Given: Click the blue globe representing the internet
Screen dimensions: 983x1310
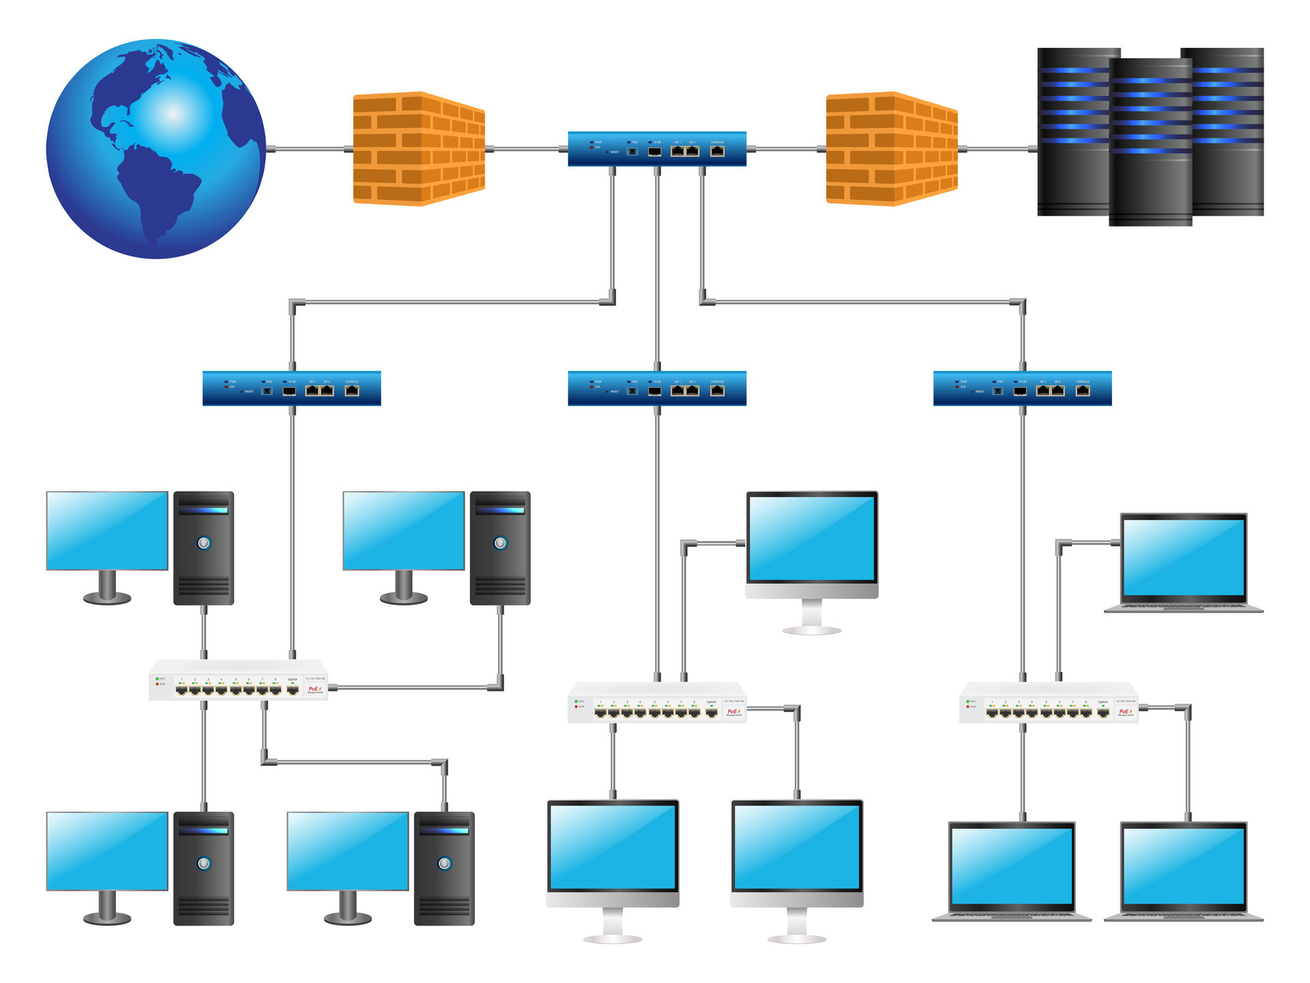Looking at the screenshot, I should tap(156, 149).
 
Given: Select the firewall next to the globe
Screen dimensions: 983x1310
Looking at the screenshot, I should tap(418, 148).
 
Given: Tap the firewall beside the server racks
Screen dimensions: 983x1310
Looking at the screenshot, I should tap(891, 148).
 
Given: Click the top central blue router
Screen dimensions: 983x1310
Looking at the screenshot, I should tap(656, 149).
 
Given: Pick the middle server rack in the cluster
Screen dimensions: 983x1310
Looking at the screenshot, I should tap(1150, 142).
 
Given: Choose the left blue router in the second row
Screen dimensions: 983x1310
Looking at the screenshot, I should tap(291, 388).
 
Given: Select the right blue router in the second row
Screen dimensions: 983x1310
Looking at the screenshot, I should tap(1022, 388).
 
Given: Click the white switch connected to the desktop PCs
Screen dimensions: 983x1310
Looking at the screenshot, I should tap(238, 681).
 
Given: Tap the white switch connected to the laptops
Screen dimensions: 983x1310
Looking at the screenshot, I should tap(1049, 703).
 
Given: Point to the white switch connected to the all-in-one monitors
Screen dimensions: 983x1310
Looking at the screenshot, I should tap(656, 703).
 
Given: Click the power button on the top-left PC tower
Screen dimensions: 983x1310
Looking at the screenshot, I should tap(203, 543).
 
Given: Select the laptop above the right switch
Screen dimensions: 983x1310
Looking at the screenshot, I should tap(1184, 562).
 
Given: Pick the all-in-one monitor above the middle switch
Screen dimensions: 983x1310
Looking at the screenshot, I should tap(811, 546).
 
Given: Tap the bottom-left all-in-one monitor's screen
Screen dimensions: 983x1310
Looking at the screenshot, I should tap(613, 846).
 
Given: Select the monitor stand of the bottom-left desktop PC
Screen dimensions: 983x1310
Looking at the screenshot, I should tap(107, 907).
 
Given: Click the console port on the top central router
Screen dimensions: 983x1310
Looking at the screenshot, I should tap(717, 151).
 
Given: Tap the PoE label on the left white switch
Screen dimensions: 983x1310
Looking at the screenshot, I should tap(315, 689).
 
